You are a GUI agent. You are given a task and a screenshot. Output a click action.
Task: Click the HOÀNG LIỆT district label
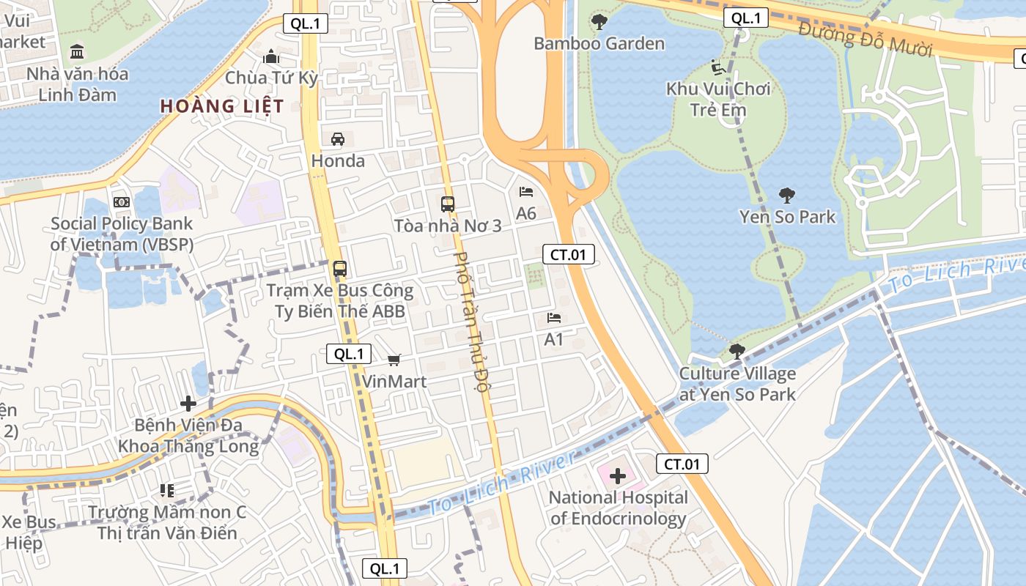coord(222,106)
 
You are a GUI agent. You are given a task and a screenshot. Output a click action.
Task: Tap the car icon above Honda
coord(338,138)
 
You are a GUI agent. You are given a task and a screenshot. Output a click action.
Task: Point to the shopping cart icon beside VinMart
coord(394,359)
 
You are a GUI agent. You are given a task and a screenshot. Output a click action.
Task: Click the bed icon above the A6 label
coord(526,192)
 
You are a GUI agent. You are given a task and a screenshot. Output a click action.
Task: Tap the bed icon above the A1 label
coord(554,318)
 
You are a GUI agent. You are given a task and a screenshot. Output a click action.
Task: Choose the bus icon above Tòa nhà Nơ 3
coord(448,204)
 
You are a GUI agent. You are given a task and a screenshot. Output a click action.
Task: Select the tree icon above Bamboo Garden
coord(599,22)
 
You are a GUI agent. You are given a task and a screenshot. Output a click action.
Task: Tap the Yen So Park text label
coord(787,217)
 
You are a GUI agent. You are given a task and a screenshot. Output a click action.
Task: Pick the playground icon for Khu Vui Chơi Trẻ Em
coord(718,67)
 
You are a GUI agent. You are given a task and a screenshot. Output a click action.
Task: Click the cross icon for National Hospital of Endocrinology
coord(617,476)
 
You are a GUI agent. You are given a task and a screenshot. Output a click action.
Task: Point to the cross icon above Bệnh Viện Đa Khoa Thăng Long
coord(188,403)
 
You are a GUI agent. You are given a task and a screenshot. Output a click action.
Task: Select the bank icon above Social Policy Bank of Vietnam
coord(122,201)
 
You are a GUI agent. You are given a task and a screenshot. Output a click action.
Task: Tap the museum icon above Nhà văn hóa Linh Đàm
coord(77,51)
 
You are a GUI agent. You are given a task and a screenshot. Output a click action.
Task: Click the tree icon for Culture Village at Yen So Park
coord(737,352)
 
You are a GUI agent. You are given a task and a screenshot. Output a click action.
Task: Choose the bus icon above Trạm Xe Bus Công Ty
coord(340,268)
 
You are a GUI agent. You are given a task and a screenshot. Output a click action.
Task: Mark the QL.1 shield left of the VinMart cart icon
coord(349,355)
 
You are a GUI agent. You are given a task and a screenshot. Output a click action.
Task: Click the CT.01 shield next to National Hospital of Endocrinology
coord(682,464)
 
